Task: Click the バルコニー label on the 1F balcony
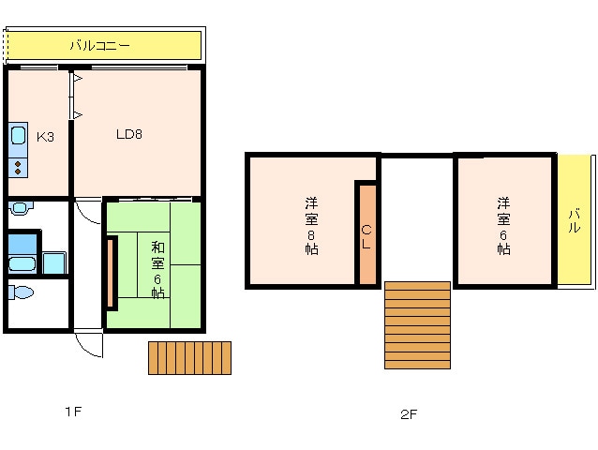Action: tap(99, 44)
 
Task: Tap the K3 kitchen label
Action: tap(45, 137)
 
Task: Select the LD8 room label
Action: tap(128, 133)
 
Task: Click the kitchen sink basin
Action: tap(18, 137)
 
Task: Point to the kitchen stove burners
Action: tap(18, 168)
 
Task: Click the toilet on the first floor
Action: tap(21, 292)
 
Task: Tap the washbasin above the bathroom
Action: tap(20, 208)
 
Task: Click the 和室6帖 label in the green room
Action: tap(157, 268)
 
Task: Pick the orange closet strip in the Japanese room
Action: tap(112, 273)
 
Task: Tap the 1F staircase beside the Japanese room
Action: tap(189, 358)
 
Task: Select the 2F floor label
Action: tap(408, 413)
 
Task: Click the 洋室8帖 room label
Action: tap(310, 226)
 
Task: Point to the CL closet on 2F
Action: tap(366, 233)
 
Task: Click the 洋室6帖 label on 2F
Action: tap(503, 226)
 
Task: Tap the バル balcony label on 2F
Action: tap(574, 221)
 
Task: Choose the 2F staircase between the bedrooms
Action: tap(418, 324)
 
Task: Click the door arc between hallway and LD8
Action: tap(88, 210)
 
